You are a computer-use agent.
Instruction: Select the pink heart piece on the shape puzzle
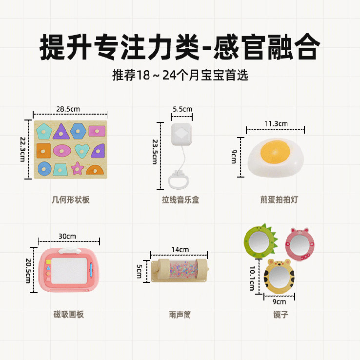[81, 150]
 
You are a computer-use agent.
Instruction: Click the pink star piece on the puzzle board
[77, 168]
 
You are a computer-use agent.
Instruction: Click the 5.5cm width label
[181, 109]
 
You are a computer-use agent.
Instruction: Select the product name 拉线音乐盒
[180, 200]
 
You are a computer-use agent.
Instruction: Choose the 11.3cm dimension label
[276, 123]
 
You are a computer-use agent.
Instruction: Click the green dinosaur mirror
[258, 241]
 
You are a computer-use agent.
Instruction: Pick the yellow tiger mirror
[278, 276]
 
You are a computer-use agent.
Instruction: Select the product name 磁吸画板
[68, 315]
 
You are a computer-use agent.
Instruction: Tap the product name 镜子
[280, 315]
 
